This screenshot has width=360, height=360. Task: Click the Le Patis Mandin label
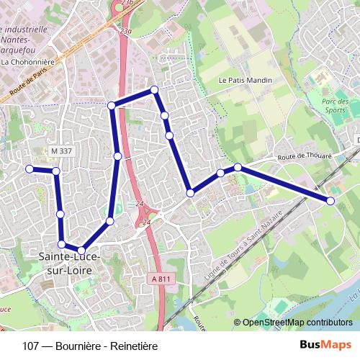point(244,81)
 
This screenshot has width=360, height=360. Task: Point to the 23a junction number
point(125,31)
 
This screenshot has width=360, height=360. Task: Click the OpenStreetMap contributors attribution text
point(297,323)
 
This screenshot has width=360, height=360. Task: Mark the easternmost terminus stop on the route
point(330,201)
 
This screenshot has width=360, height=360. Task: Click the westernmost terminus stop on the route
point(30,168)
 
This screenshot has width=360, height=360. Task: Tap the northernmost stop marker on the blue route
point(153,89)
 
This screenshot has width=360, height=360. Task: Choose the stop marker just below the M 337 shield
point(55,171)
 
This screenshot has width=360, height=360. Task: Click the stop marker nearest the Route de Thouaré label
point(238,168)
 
